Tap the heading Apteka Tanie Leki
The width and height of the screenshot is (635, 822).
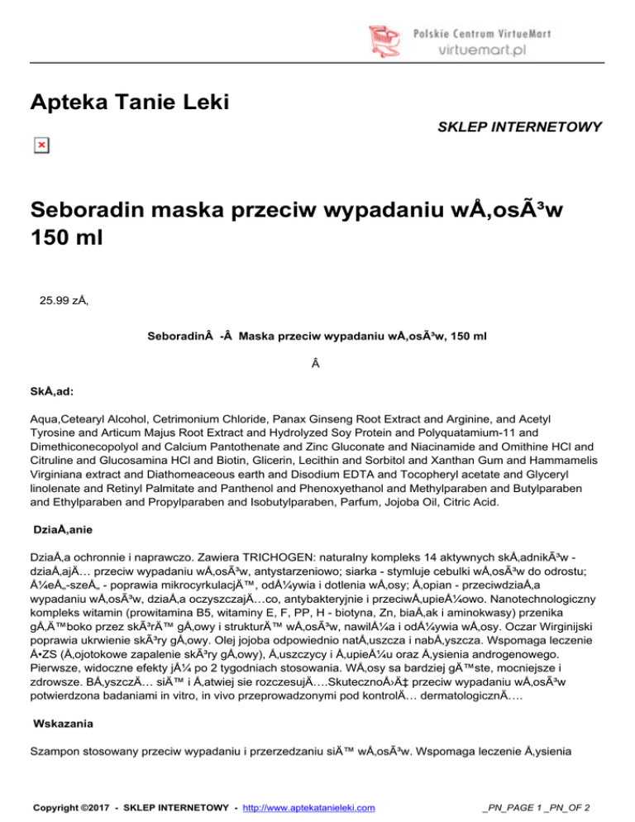129,103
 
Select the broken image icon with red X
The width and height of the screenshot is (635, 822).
41,146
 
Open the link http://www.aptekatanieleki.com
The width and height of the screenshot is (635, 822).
304,806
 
